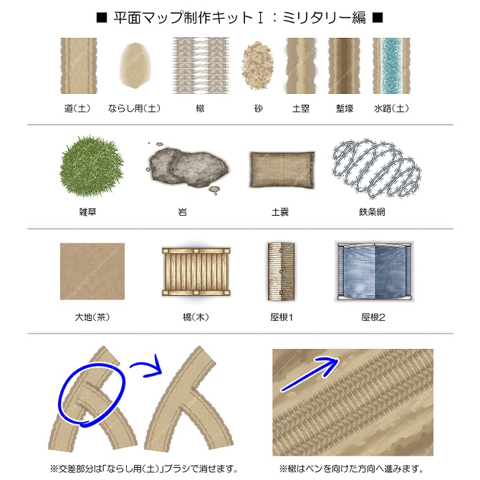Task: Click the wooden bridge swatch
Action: [x=196, y=272]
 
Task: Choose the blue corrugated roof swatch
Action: [x=374, y=271]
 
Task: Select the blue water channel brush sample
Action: [x=391, y=65]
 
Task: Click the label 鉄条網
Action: [x=373, y=213]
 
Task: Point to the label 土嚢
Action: [x=280, y=213]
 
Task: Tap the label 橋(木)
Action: [x=195, y=317]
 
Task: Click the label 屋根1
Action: [x=281, y=317]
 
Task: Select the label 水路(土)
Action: [x=391, y=109]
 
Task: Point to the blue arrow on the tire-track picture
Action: [x=308, y=374]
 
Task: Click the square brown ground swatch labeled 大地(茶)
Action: [x=92, y=272]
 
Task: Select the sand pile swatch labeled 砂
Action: [x=258, y=65]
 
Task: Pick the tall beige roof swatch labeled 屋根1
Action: [x=280, y=272]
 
